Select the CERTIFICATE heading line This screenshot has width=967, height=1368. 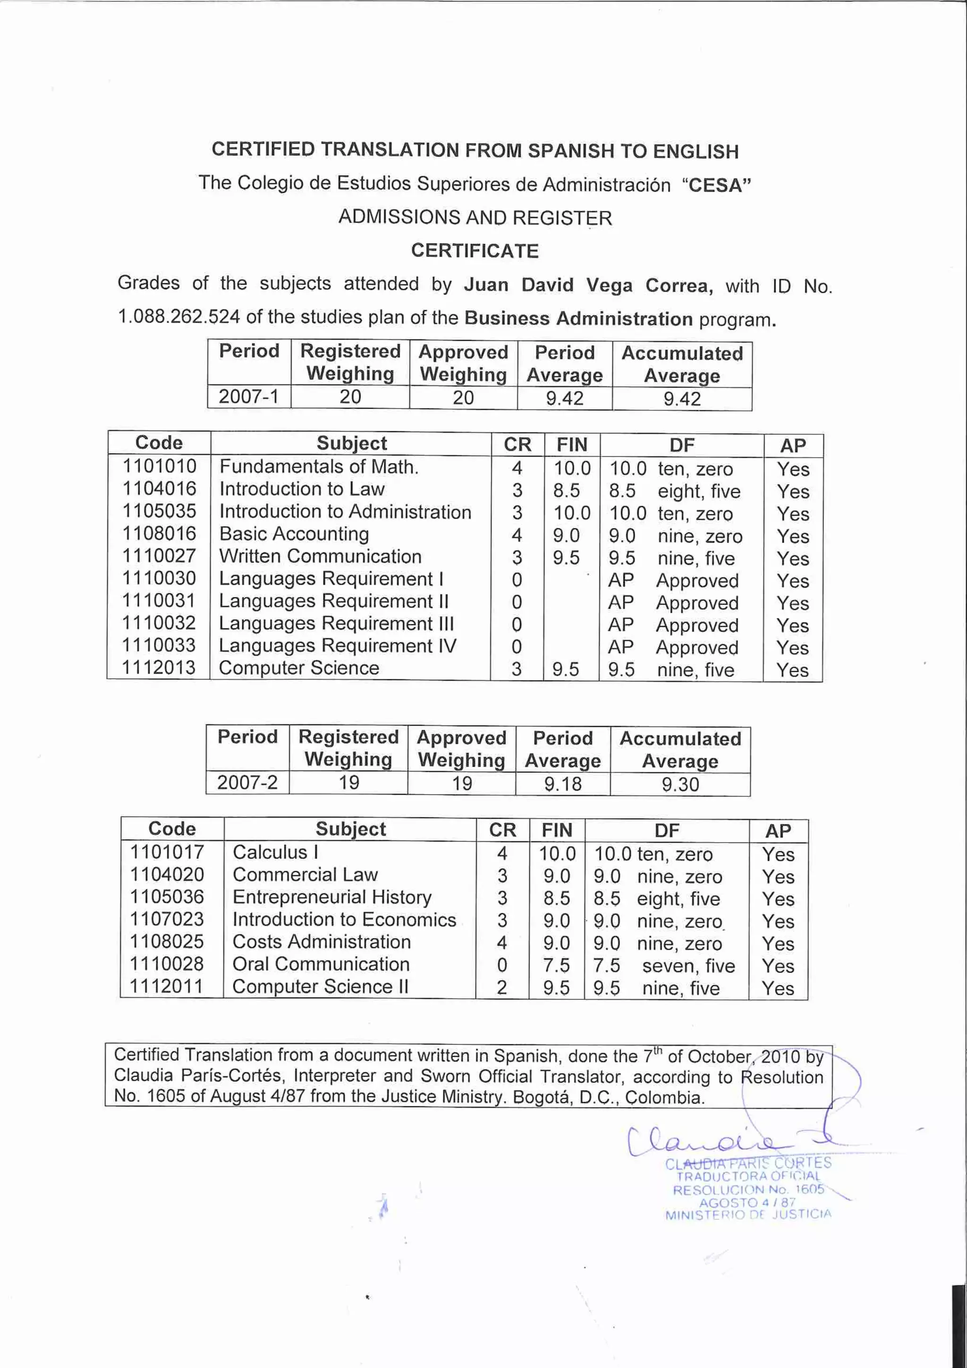click(x=475, y=251)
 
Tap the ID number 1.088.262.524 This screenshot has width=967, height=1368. click(x=178, y=317)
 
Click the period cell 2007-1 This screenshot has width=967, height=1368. click(x=248, y=397)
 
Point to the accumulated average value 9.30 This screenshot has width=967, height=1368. click(x=680, y=784)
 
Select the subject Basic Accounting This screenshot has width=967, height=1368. click(x=294, y=534)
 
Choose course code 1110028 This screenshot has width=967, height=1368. click(x=167, y=964)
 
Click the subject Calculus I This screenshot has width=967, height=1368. click(x=275, y=853)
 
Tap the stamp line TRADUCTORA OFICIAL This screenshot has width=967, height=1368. click(x=748, y=1176)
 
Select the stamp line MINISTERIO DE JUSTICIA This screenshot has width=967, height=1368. click(x=748, y=1215)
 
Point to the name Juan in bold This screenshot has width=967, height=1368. click(x=486, y=285)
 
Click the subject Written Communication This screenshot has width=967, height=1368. click(x=320, y=556)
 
